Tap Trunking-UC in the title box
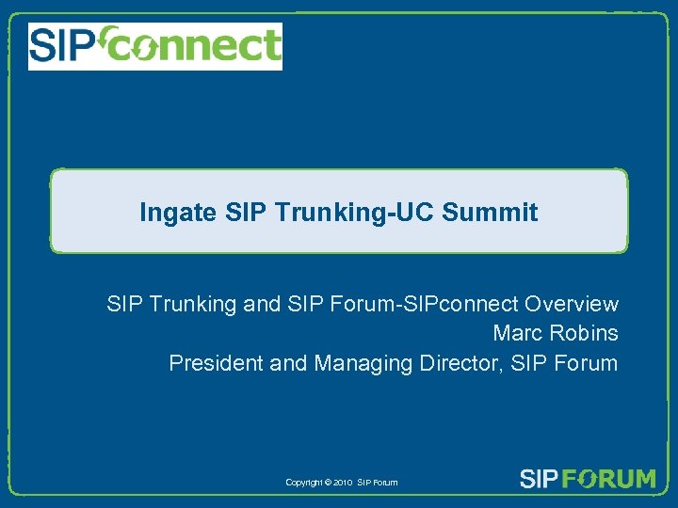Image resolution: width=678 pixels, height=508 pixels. coord(375,213)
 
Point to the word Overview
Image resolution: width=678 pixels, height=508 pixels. coord(572,304)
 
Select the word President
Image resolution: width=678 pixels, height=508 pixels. coord(216,362)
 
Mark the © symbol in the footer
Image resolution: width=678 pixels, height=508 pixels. coord(327,483)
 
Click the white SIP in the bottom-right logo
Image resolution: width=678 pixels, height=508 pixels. coord(540,479)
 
